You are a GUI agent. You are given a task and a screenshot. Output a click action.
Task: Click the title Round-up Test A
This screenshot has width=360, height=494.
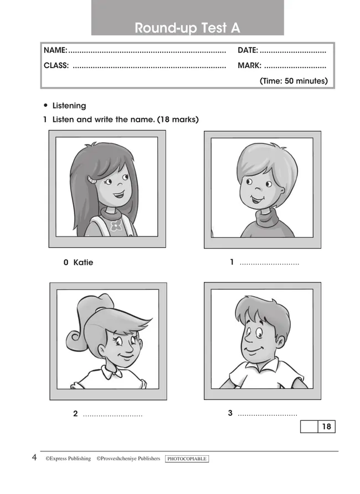point(187,28)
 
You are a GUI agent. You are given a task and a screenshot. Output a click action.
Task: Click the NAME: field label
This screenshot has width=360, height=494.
point(55,50)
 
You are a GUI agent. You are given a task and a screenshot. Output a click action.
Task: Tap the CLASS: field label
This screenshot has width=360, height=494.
point(56,65)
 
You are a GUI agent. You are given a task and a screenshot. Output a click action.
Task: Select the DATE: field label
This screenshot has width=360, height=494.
point(248,50)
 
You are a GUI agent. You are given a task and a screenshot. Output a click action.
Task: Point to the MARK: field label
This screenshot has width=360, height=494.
point(249,65)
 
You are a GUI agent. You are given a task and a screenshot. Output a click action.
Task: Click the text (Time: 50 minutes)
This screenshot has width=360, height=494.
point(294,81)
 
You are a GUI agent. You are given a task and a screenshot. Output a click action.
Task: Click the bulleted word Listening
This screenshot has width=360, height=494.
point(69,106)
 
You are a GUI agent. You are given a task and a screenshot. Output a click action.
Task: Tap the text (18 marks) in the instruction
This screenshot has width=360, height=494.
point(178,120)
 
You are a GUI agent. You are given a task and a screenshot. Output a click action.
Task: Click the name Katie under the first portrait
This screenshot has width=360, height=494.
point(83,263)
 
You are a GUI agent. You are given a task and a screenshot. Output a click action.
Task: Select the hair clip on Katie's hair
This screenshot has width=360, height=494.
point(92,180)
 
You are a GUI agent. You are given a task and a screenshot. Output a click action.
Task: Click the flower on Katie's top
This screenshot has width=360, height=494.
point(116,225)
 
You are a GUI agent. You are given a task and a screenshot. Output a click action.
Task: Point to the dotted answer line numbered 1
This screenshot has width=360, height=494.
point(269,264)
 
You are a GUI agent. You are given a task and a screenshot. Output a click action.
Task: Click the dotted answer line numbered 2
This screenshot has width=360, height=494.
point(112,415)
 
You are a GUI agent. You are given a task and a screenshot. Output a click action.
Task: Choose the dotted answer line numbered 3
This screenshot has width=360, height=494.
point(268,415)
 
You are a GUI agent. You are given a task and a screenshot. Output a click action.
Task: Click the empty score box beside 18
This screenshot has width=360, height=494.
point(309,426)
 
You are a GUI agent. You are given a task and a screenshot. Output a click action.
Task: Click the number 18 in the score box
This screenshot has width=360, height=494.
point(327,426)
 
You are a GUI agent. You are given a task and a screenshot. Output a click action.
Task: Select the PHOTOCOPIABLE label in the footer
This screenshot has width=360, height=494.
point(187,459)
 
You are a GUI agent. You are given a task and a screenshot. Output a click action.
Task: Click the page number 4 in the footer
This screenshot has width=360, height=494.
point(34,457)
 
